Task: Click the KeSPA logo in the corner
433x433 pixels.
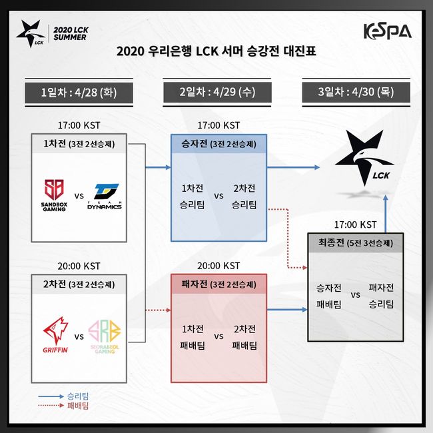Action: pyautogui.click(x=387, y=30)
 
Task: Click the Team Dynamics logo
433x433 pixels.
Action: pyautogui.click(x=105, y=196)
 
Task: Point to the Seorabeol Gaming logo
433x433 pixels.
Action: pyautogui.click(x=105, y=334)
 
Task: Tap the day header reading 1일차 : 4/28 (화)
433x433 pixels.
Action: pyautogui.click(x=77, y=93)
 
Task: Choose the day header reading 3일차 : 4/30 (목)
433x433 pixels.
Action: pyautogui.click(x=356, y=93)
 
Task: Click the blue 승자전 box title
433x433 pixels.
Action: pyautogui.click(x=218, y=144)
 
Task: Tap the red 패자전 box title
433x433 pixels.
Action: pyautogui.click(x=218, y=284)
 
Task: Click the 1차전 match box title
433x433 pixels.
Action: pyautogui.click(x=79, y=144)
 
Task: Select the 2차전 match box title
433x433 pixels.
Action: pyautogui.click(x=79, y=284)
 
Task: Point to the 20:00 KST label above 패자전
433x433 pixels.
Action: pyautogui.click(x=218, y=266)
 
